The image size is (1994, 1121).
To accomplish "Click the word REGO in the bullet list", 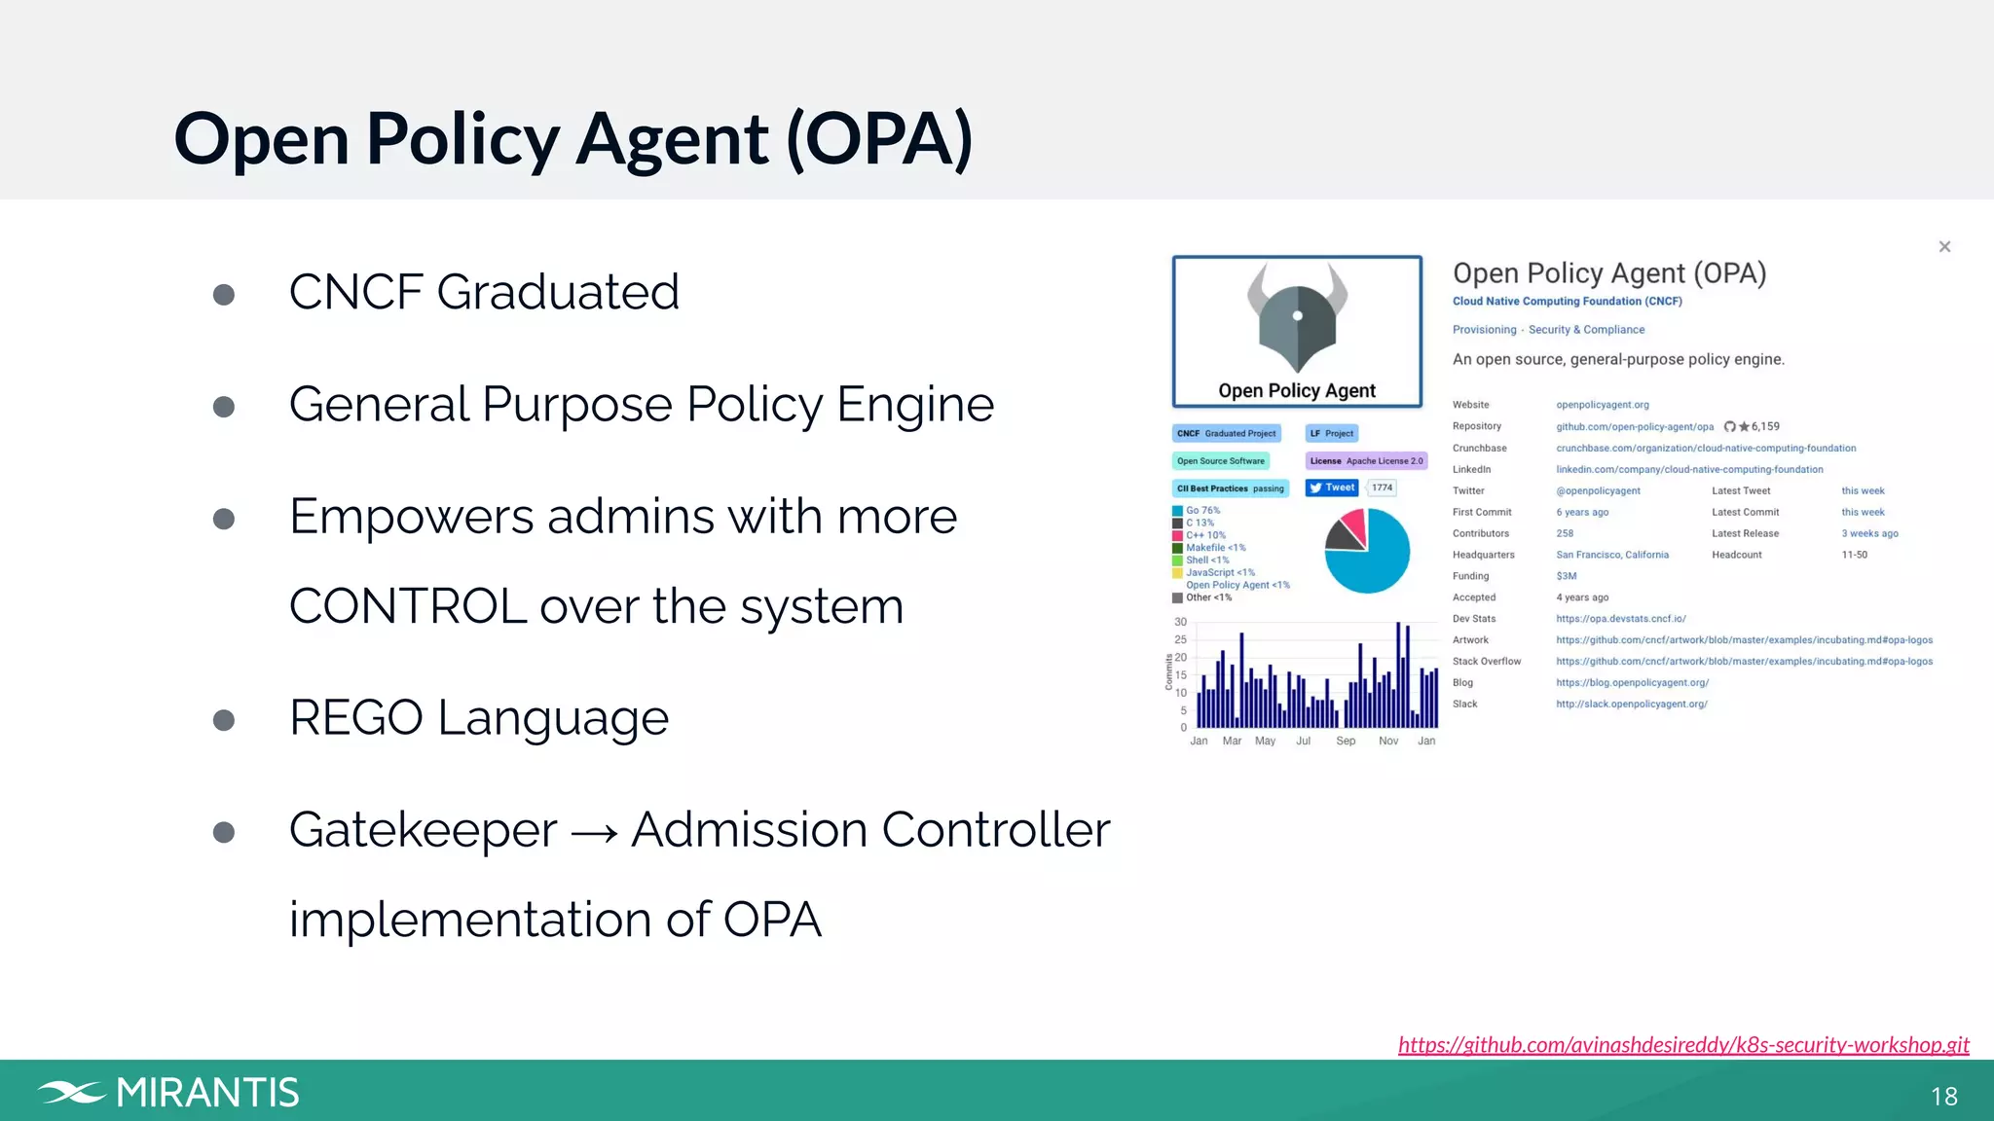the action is click(355, 718).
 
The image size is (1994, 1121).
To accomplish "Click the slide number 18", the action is click(1943, 1097).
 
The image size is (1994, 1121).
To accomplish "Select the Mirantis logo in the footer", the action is click(168, 1092).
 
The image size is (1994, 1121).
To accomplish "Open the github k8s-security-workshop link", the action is click(1682, 1044).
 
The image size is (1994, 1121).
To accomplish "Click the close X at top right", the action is click(1944, 247).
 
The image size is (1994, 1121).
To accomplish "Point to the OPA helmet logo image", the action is click(1297, 317).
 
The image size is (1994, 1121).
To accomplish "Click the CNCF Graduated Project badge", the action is click(1226, 434).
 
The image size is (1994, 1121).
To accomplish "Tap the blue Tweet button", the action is click(1331, 488).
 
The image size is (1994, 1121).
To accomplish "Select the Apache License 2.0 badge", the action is click(1366, 461).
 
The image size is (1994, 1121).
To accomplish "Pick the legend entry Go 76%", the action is click(1202, 510).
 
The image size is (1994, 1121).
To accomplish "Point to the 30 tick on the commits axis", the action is click(1180, 622).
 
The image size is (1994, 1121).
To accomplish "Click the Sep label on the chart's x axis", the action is click(1346, 741).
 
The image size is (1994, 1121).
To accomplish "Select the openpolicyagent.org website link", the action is click(1602, 405).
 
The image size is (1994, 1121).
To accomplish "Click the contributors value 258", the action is click(1565, 533).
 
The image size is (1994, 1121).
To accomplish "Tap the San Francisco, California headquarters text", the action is click(1611, 555).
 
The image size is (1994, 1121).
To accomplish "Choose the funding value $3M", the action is click(1566, 576).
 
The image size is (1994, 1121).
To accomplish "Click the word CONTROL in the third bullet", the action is click(408, 607).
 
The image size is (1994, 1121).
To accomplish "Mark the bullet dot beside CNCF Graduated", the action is click(224, 295).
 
